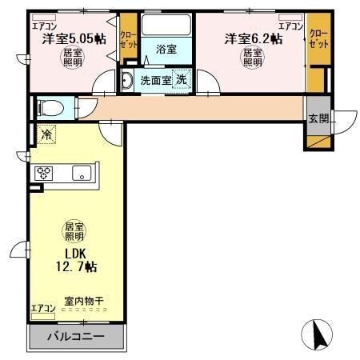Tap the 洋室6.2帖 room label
coord(252,38)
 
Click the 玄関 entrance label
coord(318,118)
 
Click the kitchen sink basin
coord(81,173)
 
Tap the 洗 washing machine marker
coord(182,80)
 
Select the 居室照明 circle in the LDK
coord(75,233)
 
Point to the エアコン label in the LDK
coord(42,308)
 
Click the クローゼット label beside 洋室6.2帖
coord(318,38)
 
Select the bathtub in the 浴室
coord(166,25)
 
